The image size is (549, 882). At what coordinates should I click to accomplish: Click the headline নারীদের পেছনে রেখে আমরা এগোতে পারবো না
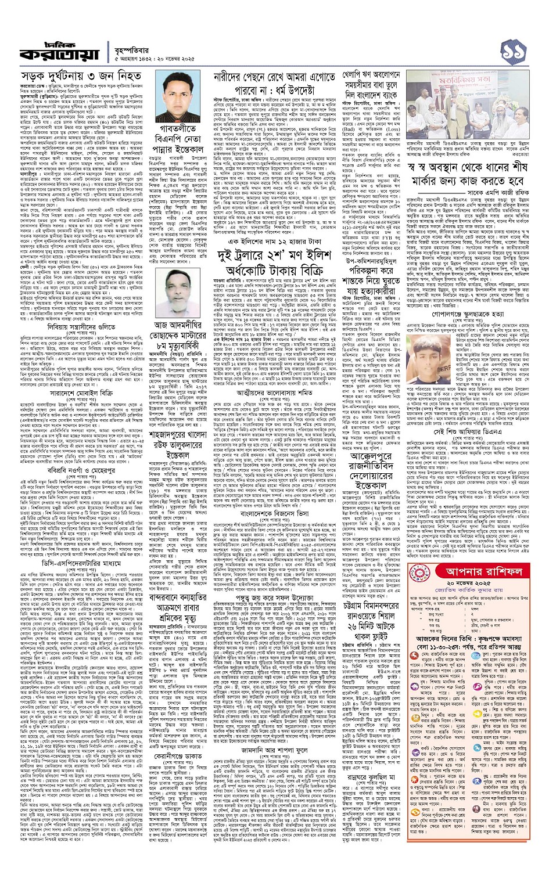pyautogui.click(x=274, y=83)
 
